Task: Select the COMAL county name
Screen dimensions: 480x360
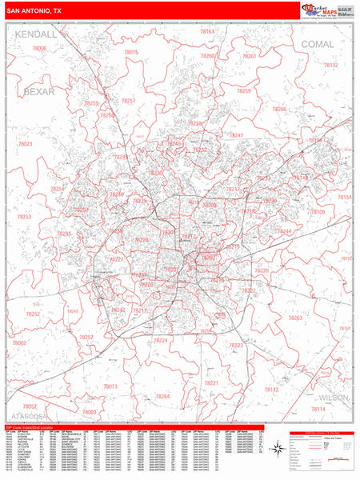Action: (318, 44)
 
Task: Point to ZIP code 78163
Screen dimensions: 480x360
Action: (207, 32)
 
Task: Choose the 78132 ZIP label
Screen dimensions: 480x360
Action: (330, 65)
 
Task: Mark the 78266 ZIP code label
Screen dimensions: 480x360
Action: (279, 109)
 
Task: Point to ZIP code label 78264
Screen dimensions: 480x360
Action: (162, 396)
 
